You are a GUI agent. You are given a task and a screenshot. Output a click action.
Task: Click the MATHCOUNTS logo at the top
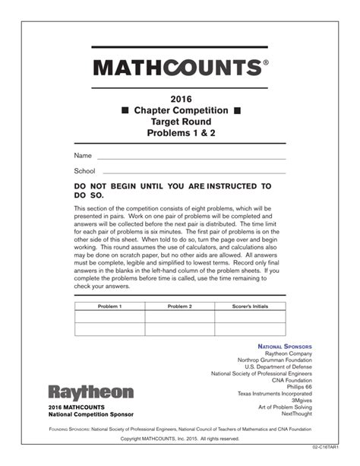pyautogui.click(x=180, y=68)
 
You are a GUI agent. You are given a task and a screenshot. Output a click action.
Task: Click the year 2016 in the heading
pyautogui.click(x=181, y=99)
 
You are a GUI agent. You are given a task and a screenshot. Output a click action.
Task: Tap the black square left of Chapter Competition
pyautogui.click(x=125, y=111)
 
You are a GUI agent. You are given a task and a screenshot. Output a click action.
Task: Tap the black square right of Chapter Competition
pyautogui.click(x=237, y=111)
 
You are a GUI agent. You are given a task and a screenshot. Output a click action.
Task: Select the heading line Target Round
pyautogui.click(x=181, y=122)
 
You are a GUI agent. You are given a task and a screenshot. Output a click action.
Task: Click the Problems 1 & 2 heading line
pyautogui.click(x=181, y=133)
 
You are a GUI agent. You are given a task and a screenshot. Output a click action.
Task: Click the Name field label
pyautogui.click(x=83, y=155)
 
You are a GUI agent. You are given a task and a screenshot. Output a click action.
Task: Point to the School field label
pyautogui.click(x=85, y=171)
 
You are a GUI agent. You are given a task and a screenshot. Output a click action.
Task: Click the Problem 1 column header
pyautogui.click(x=109, y=306)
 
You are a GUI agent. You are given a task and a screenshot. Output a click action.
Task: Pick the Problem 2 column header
pyautogui.click(x=179, y=306)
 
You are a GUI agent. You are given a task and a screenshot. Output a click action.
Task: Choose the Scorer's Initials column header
pyautogui.click(x=250, y=306)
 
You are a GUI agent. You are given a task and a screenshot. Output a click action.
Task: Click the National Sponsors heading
pyautogui.click(x=285, y=346)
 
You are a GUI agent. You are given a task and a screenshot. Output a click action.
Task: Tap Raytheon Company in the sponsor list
pyautogui.click(x=288, y=354)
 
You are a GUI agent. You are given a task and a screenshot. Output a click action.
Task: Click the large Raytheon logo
pyautogui.click(x=90, y=392)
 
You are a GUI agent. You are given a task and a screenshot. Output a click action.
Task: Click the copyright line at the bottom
pyautogui.click(x=179, y=439)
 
